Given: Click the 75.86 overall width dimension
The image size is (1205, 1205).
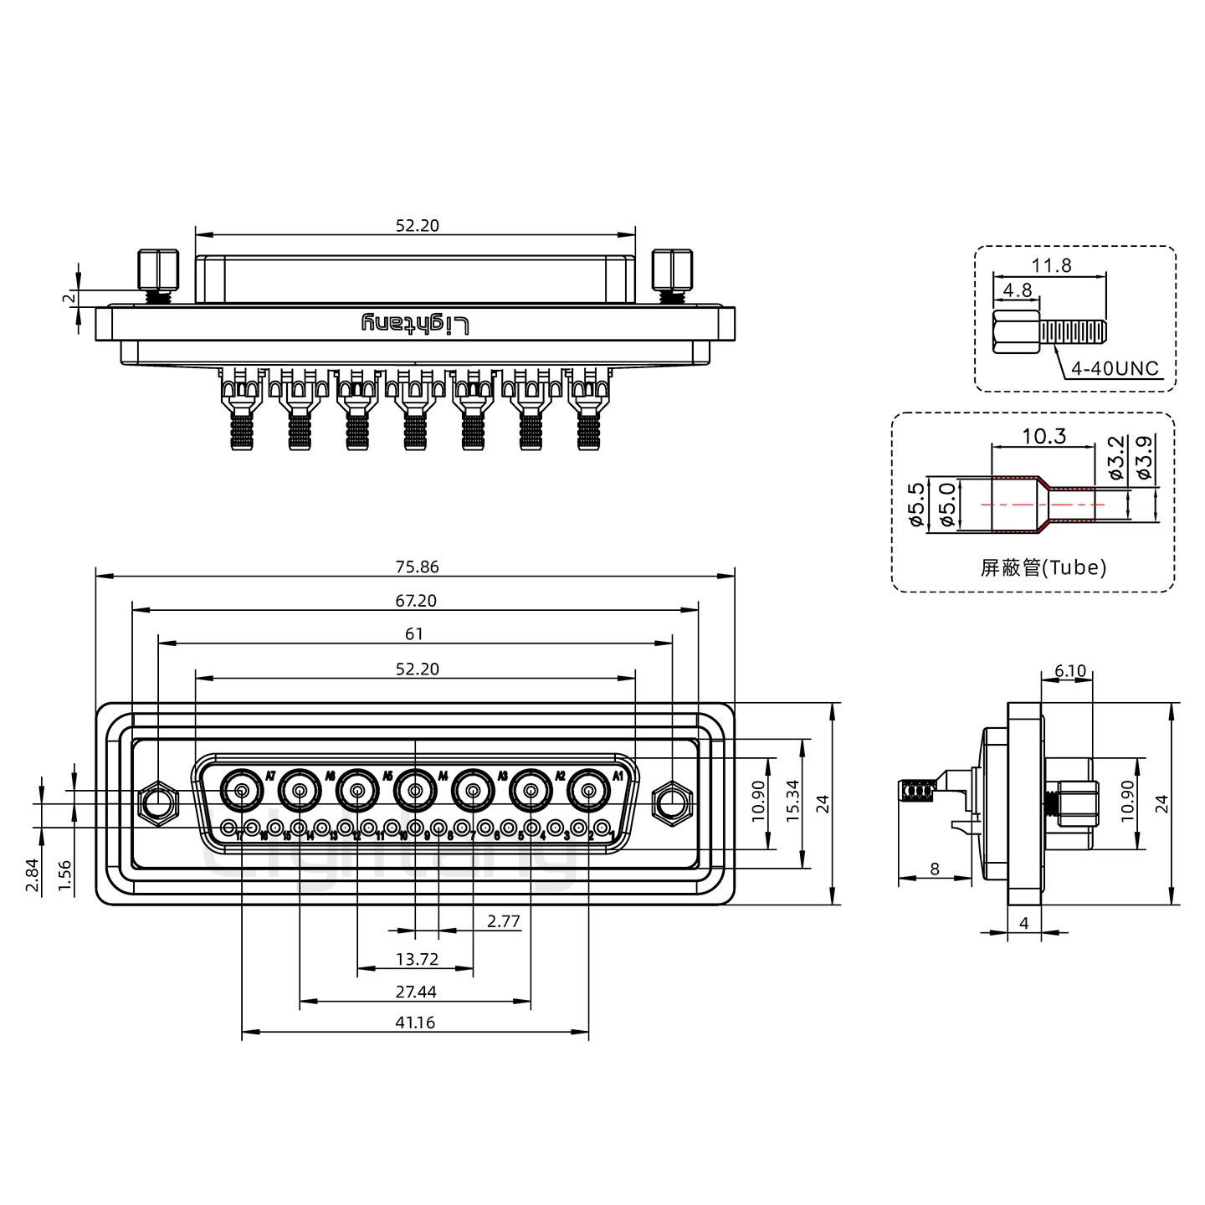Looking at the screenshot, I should [415, 567].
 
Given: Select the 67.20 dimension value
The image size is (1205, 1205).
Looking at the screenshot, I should [415, 601].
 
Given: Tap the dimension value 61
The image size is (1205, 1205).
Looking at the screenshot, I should [414, 634].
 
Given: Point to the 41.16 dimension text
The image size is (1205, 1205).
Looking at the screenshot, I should [415, 1022].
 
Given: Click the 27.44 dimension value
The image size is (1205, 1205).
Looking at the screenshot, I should [415, 992].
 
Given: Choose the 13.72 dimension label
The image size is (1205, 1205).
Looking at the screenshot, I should [416, 959].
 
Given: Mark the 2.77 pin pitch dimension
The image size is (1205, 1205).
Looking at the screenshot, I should [504, 921].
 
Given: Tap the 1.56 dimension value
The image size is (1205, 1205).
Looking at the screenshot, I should [64, 874].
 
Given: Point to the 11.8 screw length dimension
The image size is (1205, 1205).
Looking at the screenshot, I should [1051, 266].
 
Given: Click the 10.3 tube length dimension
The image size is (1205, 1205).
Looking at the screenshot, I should [1044, 436].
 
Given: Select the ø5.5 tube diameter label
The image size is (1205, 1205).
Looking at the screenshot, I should [915, 505].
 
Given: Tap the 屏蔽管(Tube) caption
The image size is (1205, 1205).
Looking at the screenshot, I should [1043, 568].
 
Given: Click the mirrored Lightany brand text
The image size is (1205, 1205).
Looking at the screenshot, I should [415, 324].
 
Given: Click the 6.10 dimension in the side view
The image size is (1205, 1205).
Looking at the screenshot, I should [1070, 671].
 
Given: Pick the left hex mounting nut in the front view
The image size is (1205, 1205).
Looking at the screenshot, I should [157, 804].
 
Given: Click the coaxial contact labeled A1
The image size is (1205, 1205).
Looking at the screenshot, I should [588, 789].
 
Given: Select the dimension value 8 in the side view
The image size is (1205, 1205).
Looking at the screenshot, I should [934, 869].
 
